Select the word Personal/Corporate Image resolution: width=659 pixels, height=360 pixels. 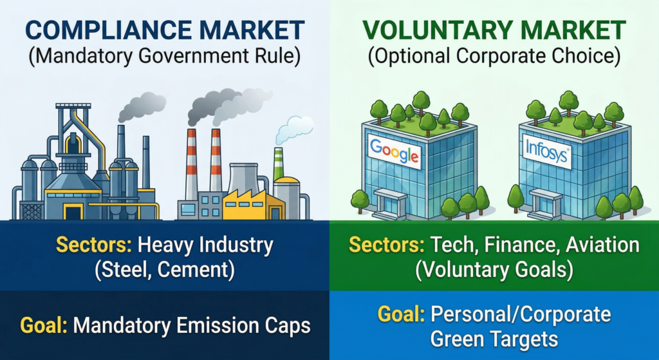519,315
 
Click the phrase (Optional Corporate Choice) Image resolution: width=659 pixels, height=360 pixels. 494,56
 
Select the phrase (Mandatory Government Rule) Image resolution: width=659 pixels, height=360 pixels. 165,56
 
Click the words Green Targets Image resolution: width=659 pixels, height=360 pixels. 494,339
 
